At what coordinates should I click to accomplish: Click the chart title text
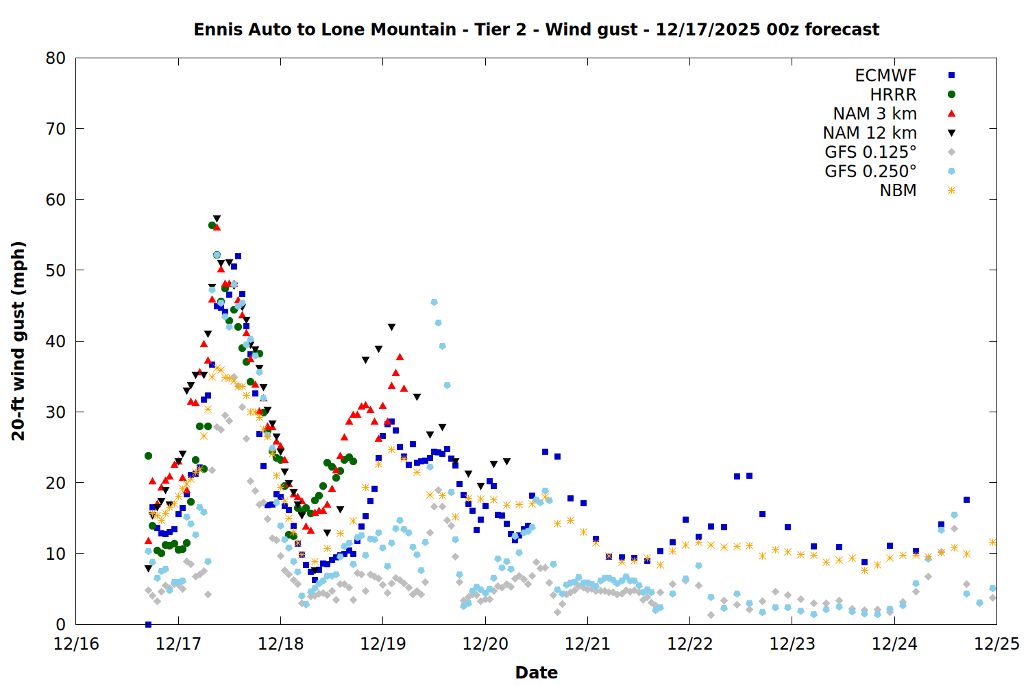pos(536,29)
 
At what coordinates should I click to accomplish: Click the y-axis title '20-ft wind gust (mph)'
pos(19,341)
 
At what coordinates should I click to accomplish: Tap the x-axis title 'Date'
pos(536,672)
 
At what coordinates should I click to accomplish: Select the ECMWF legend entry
pos(885,75)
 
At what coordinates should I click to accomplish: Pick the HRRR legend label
pos(893,95)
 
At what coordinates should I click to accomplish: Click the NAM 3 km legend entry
pos(874,114)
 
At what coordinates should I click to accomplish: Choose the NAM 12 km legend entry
pos(870,133)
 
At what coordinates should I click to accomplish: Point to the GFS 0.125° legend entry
pos(870,152)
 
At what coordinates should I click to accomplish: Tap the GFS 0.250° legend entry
pos(870,171)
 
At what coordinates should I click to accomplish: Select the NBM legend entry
pos(898,191)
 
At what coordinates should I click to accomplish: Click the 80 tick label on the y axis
pos(56,58)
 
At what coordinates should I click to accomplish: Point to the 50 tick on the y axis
pos(56,270)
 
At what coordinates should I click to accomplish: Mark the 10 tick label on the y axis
pos(56,554)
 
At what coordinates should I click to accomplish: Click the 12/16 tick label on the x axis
pos(76,644)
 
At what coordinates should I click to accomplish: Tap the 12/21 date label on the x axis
pos(587,644)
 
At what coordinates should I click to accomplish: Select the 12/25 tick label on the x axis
pos(996,644)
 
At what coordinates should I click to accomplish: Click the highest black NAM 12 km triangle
pos(217,219)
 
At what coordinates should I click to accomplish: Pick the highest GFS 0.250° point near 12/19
pos(434,302)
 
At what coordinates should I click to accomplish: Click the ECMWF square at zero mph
pos(148,624)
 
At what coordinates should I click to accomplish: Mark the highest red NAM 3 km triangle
pos(217,226)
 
